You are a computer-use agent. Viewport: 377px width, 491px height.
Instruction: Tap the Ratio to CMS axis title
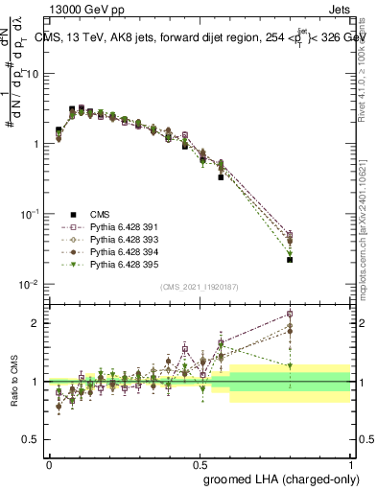click(x=14, y=381)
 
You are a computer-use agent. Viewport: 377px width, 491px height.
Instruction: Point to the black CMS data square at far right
click(x=290, y=259)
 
